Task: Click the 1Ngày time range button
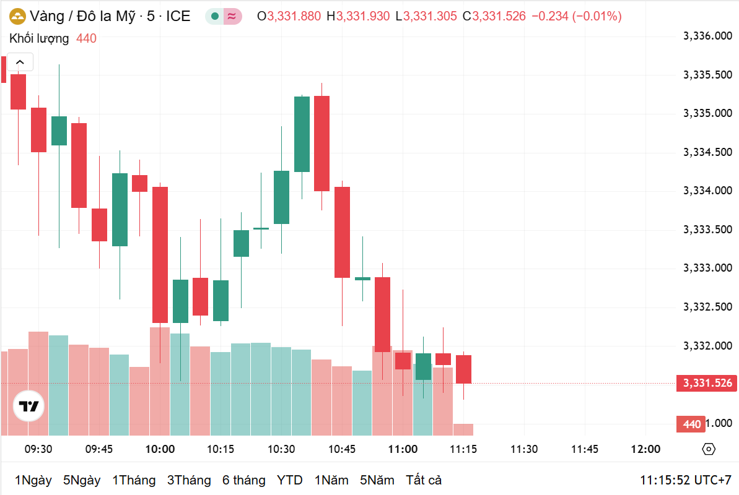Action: [x=33, y=480]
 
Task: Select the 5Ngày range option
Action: [x=82, y=480]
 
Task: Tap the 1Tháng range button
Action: [x=134, y=480]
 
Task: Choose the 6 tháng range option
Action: [x=244, y=480]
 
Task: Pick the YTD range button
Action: [x=289, y=480]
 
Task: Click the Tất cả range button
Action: [x=424, y=480]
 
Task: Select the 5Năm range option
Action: [x=377, y=480]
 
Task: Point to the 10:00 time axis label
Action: [x=160, y=449]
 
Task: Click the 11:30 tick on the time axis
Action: [x=524, y=449]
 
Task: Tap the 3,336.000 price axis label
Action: [x=707, y=37]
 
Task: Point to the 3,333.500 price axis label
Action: [x=707, y=230]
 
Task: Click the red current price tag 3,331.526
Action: [x=707, y=384]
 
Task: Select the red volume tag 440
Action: [x=691, y=424]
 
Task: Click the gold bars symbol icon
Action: [x=17, y=17]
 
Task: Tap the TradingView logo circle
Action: [x=29, y=407]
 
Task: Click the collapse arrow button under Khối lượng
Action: [x=20, y=62]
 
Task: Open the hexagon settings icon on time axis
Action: [x=709, y=449]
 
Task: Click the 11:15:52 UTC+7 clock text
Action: [x=686, y=480]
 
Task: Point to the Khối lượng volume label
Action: [x=39, y=39]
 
